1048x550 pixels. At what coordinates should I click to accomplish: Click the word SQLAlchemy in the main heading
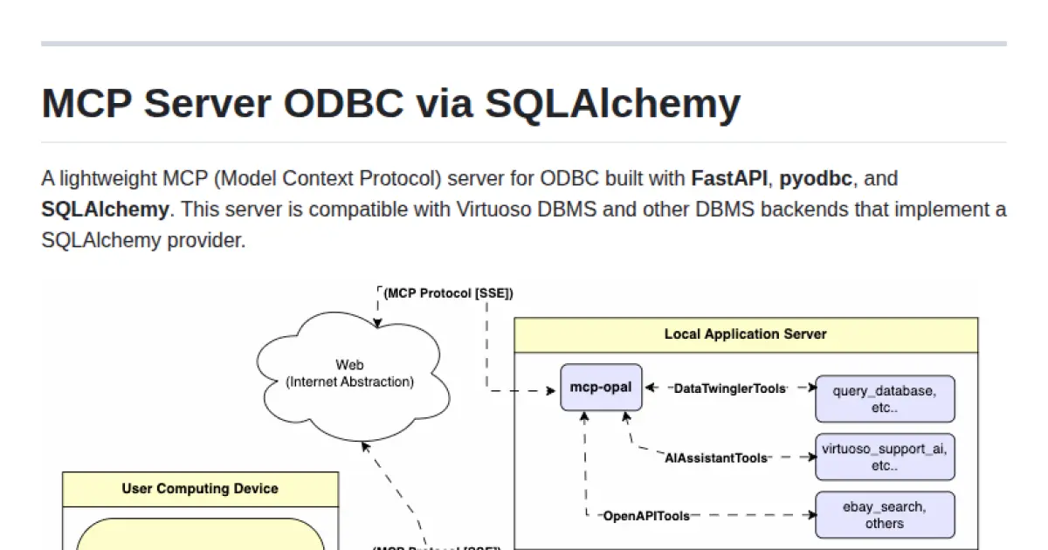(x=612, y=103)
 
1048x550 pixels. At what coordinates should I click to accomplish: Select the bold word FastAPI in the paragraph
(x=729, y=179)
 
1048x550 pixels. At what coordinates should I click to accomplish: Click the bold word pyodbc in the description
(x=816, y=179)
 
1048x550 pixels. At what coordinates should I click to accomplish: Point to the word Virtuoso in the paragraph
(x=486, y=210)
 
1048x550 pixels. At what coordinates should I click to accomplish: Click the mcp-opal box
(x=601, y=388)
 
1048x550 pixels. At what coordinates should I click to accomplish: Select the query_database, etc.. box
(x=884, y=399)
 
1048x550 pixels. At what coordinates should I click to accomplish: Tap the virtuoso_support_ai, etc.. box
(x=884, y=457)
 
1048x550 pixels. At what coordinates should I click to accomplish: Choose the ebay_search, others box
(x=884, y=514)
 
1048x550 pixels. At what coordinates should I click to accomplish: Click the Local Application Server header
(x=745, y=334)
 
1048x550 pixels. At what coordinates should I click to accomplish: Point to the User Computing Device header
(x=200, y=489)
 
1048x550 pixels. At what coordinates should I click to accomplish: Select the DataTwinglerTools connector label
(x=730, y=388)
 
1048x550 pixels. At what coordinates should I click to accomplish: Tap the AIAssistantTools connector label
(x=716, y=457)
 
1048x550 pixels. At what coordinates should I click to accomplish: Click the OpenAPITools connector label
(x=646, y=516)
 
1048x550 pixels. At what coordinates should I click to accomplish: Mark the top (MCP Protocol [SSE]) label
(x=448, y=293)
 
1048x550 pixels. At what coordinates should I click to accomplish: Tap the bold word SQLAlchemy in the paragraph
(x=105, y=210)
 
